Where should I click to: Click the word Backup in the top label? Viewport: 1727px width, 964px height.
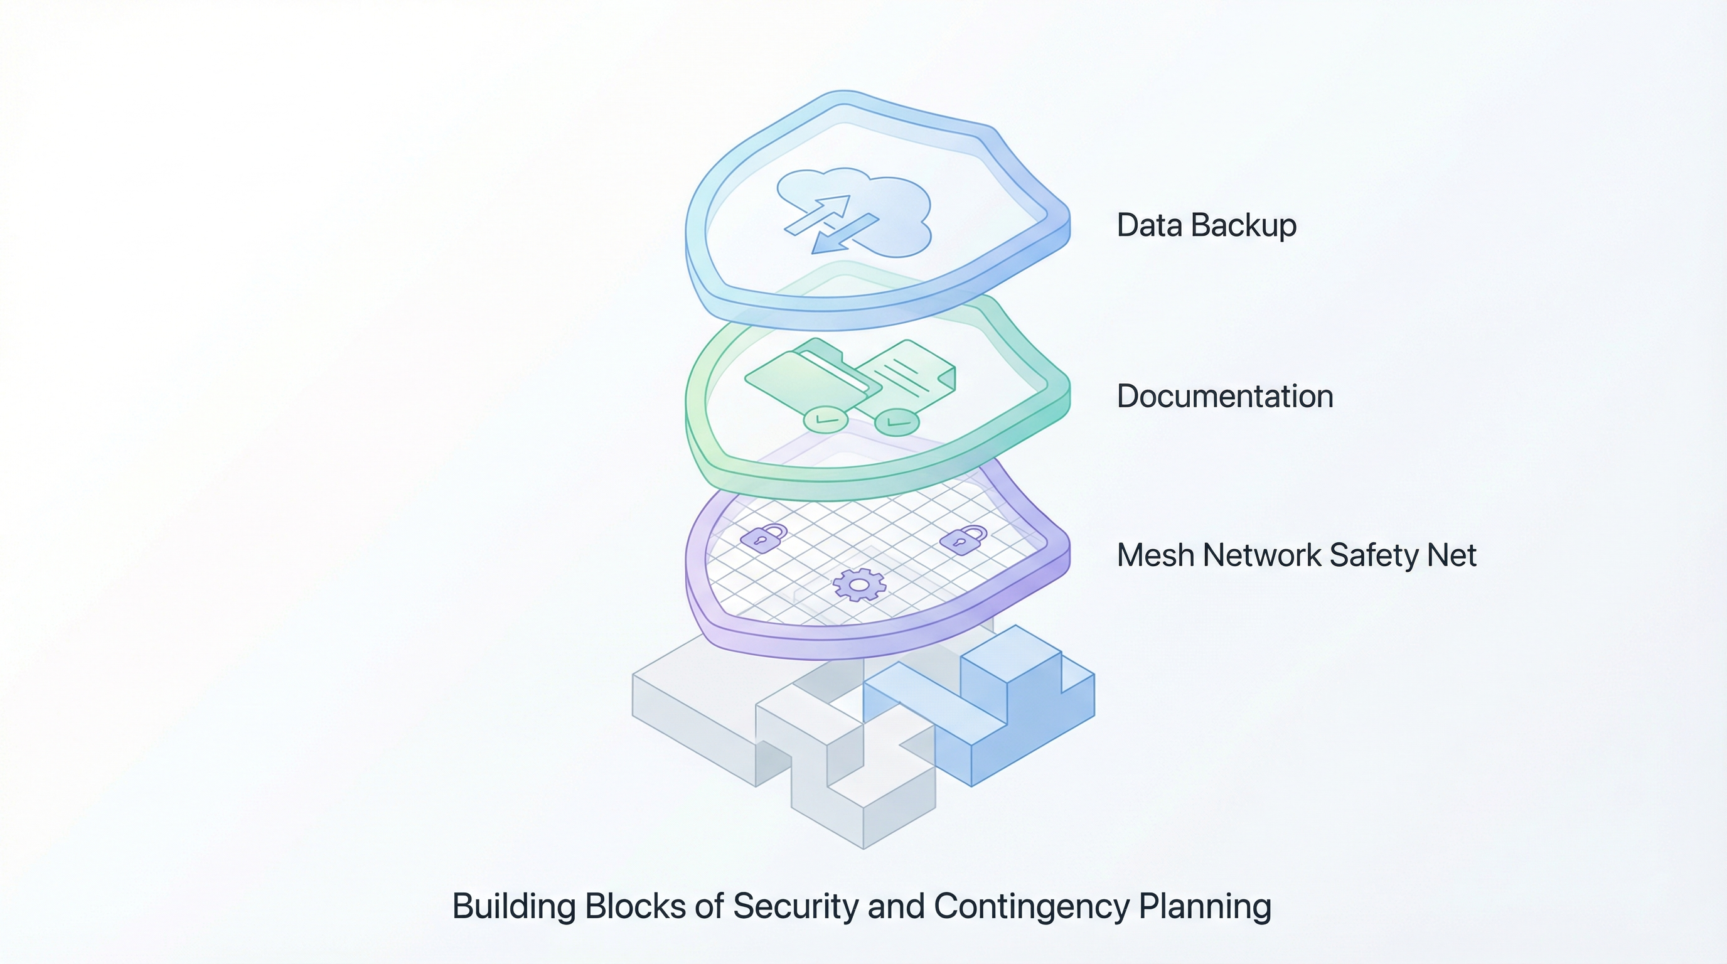[x=1244, y=225]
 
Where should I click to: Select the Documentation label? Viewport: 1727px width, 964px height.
[x=1224, y=396]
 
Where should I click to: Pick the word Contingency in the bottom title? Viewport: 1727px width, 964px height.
[x=1031, y=906]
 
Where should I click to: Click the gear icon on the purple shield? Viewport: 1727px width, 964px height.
[x=859, y=584]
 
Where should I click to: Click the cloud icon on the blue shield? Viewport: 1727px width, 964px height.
[x=892, y=201]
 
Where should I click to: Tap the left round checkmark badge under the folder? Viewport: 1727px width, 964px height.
[x=825, y=420]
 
